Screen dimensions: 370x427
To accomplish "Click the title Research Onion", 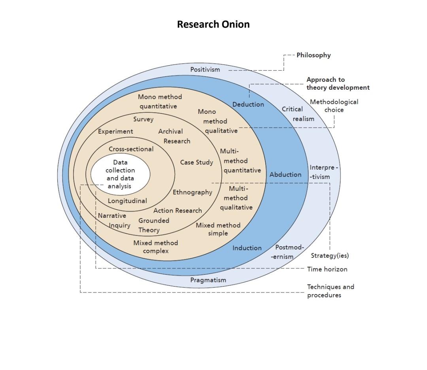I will pos(213,24).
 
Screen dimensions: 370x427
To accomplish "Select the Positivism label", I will pos(205,70).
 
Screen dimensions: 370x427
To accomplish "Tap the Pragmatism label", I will pos(208,280).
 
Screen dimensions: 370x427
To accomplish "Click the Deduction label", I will pos(248,104).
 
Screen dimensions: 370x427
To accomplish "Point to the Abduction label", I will pos(285,174).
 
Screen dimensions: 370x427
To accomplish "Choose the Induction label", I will pos(247,248).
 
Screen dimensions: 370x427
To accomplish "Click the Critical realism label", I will pos(297,114).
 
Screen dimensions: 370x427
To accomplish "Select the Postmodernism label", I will pos(288,252).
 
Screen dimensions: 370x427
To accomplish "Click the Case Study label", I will pos(196,162).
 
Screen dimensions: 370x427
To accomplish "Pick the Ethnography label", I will pos(192,192).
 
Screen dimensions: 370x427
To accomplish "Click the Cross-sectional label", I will pos(131,149).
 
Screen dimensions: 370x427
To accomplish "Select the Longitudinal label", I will pos(127,201).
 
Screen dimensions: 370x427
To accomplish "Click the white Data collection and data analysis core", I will pos(120,174).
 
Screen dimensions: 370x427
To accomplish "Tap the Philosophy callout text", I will pos(314,55).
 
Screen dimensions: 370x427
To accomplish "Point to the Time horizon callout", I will pos(327,269).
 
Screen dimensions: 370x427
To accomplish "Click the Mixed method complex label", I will pos(155,247).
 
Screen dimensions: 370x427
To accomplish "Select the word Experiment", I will pos(115,131).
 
